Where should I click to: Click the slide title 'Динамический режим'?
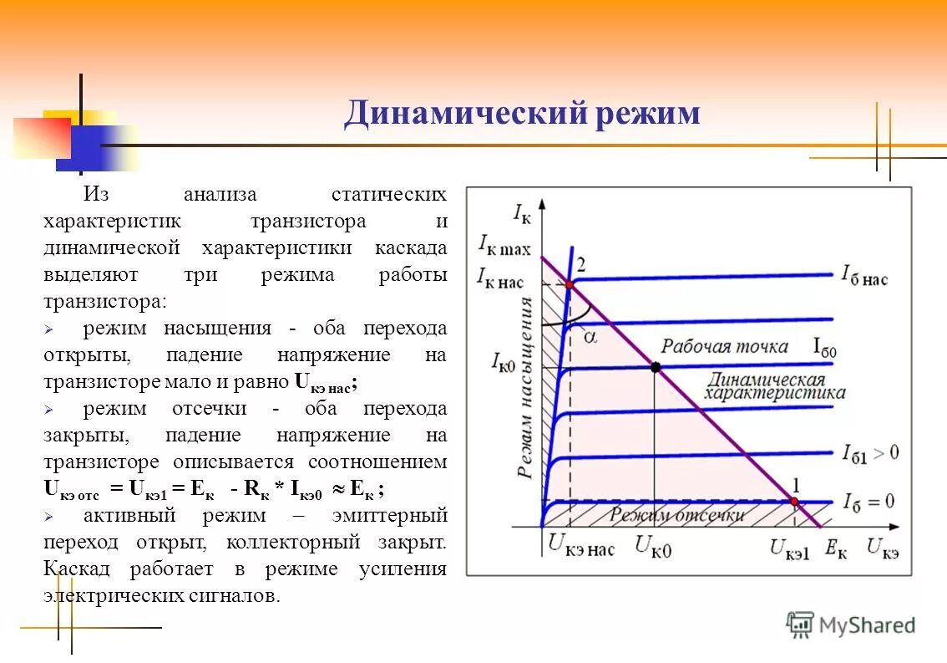click(522, 113)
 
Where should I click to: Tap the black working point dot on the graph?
click(655, 367)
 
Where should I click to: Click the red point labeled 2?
click(569, 285)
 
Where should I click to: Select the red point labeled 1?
click(794, 502)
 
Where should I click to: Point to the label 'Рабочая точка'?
click(725, 345)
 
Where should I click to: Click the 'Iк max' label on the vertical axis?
click(504, 245)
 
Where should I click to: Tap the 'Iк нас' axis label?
click(499, 278)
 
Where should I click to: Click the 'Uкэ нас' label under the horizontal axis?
click(580, 548)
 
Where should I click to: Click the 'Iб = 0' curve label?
click(869, 502)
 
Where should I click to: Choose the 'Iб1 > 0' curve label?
click(870, 454)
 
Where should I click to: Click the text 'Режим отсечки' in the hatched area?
click(676, 515)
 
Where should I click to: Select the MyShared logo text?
click(866, 625)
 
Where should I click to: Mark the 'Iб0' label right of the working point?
click(824, 349)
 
